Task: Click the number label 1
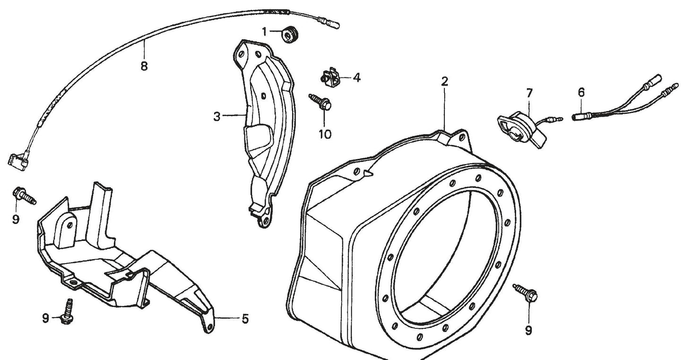pos(265,32)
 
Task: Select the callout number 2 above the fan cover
pos(444,81)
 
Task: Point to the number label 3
pos(216,116)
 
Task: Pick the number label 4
pos(357,77)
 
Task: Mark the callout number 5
pos(244,319)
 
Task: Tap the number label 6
pos(581,93)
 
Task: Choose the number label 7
pos(528,93)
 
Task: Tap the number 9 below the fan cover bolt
pos(528,329)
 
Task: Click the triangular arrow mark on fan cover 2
pos(369,174)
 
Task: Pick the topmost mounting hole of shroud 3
pos(242,55)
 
